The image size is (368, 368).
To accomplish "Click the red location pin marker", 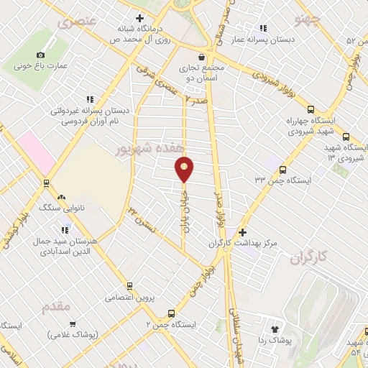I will [185, 169].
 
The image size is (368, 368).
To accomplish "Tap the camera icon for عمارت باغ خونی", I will [40, 55].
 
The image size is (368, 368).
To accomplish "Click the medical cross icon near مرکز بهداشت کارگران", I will [242, 233].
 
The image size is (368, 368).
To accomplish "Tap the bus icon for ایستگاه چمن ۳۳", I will [282, 170].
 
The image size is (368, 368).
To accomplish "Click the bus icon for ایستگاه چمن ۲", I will [171, 313].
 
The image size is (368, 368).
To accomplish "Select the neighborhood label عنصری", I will [71, 22].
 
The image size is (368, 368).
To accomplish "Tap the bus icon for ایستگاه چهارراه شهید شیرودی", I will [310, 110].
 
